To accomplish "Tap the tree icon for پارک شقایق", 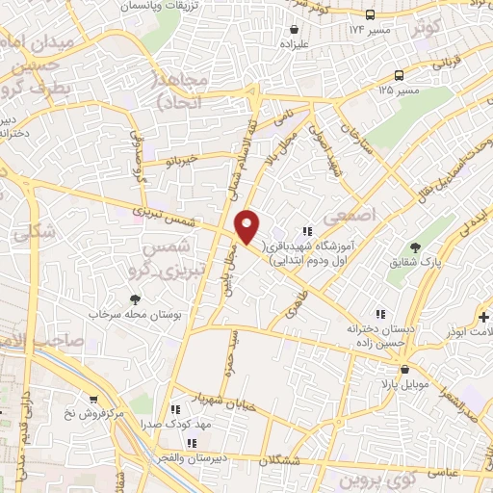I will point(415,248).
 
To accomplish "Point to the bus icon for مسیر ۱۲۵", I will point(398,76).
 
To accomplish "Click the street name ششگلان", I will point(305,459).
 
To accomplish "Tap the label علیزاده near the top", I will point(293,43).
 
